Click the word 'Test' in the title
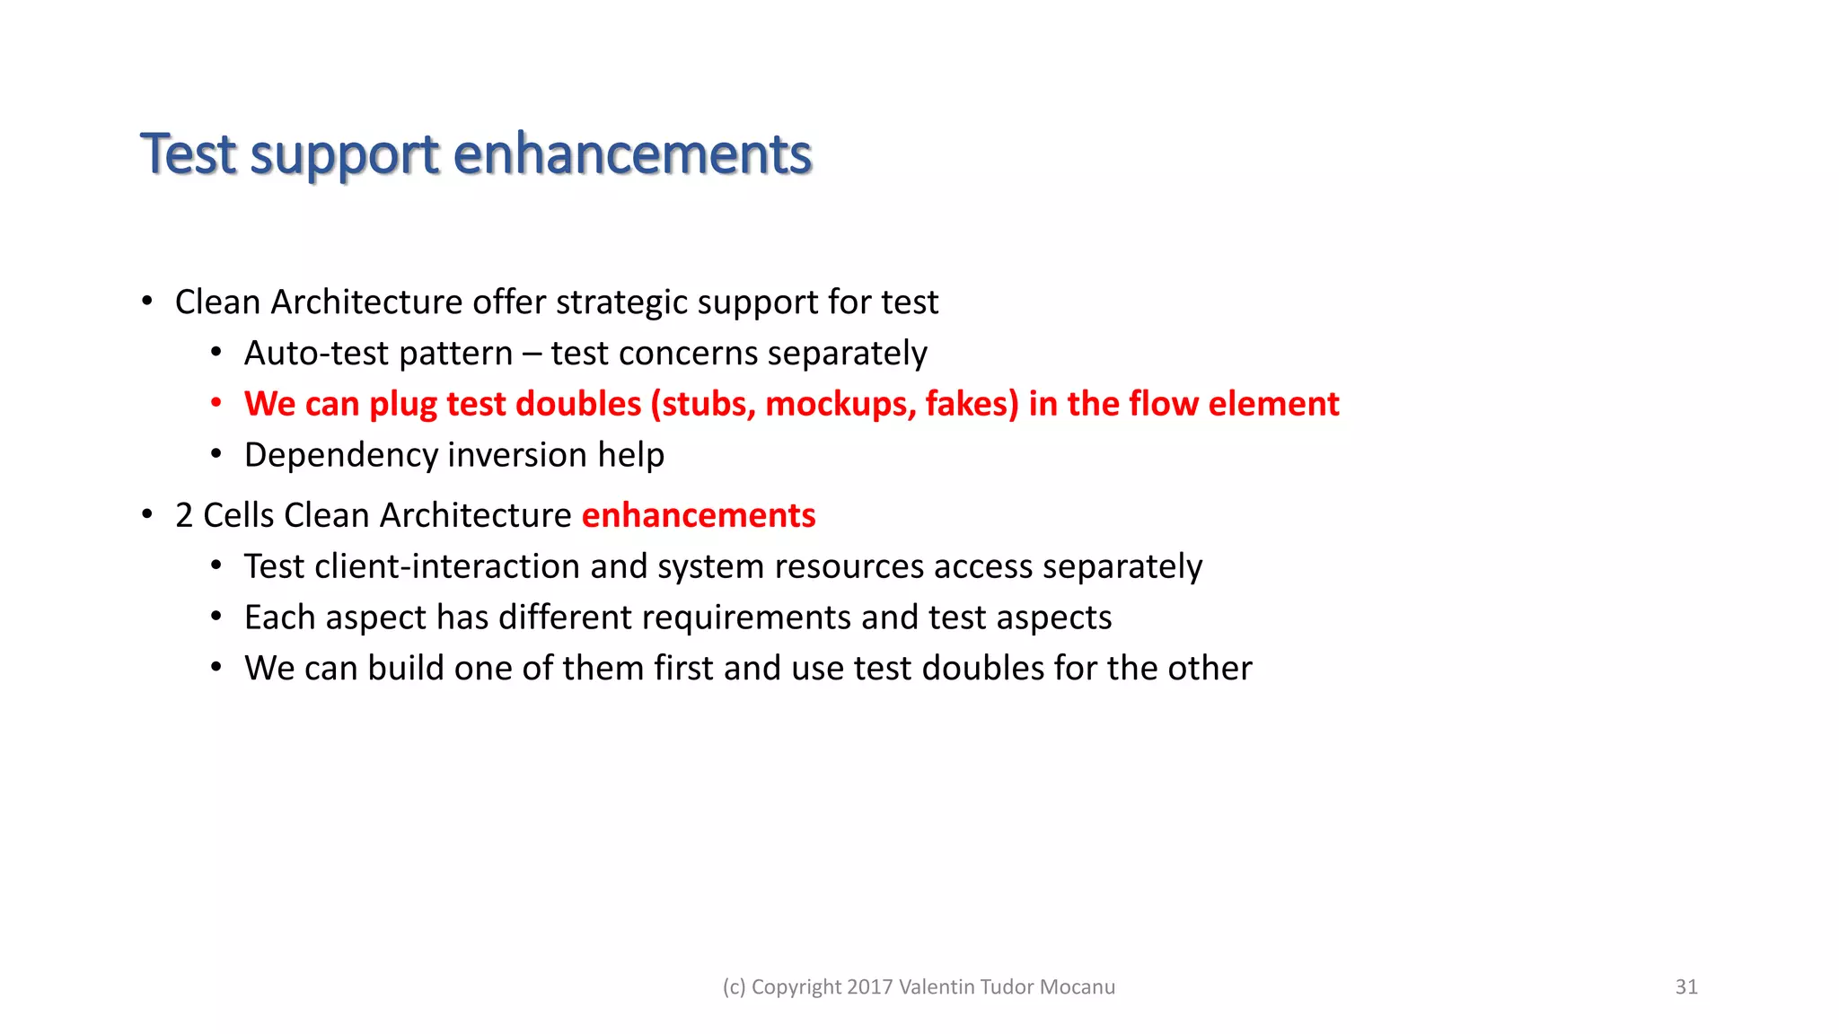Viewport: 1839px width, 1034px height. pos(188,154)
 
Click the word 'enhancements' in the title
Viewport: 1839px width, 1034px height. pos(632,154)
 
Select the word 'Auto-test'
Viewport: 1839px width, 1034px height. pos(316,354)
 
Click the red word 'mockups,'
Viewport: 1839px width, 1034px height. pos(840,404)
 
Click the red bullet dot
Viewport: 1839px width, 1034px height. pos(216,404)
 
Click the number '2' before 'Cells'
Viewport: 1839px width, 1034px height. pos(184,516)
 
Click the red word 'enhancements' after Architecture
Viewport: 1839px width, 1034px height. pos(699,516)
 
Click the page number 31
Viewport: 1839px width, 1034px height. pos(1686,987)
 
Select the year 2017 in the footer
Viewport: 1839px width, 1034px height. pos(869,987)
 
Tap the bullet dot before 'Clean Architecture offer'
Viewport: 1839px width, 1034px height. pos(146,302)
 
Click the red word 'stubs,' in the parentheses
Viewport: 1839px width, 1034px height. pos(708,404)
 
